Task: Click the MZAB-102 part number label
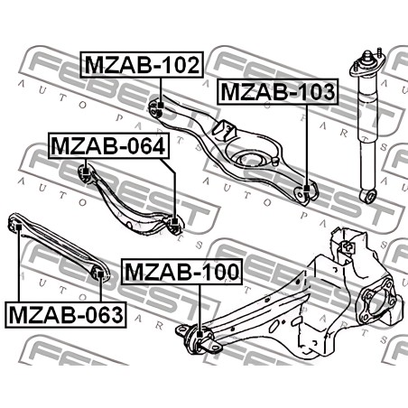(142, 65)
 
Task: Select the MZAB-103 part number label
(278, 92)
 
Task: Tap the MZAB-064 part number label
(108, 146)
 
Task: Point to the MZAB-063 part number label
(66, 315)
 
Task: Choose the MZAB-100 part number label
(181, 272)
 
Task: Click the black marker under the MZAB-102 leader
(161, 106)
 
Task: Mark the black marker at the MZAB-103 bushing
(307, 189)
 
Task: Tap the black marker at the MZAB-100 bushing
(199, 334)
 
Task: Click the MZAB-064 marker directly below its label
(86, 172)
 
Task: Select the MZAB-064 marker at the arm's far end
(174, 222)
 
